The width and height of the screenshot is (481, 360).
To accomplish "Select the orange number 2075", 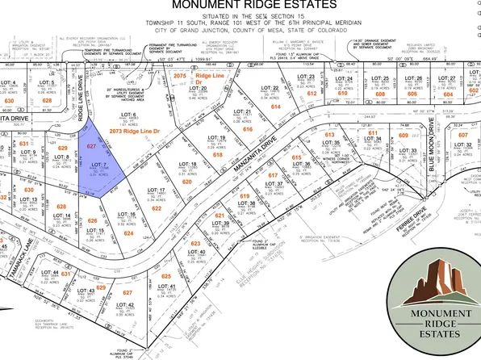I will (x=180, y=74).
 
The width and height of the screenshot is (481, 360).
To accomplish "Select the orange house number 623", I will (x=194, y=243).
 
